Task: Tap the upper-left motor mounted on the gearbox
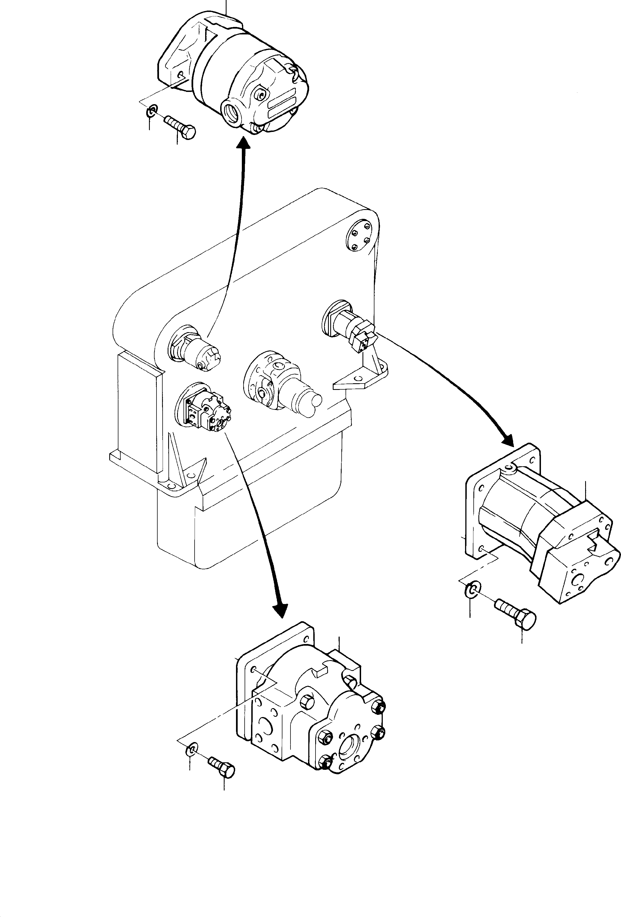coord(195,347)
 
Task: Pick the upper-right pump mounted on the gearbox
coord(350,324)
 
